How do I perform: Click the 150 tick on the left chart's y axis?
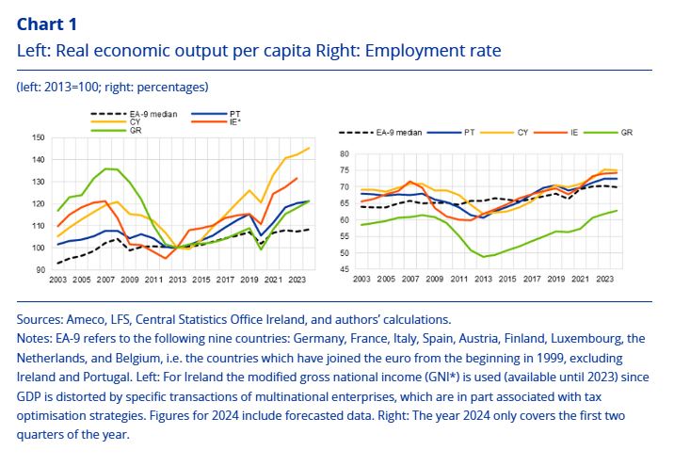[38, 137]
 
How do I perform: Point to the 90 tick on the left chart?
[40, 270]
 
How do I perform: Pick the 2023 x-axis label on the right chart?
[605, 281]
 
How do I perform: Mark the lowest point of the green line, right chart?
[484, 256]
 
